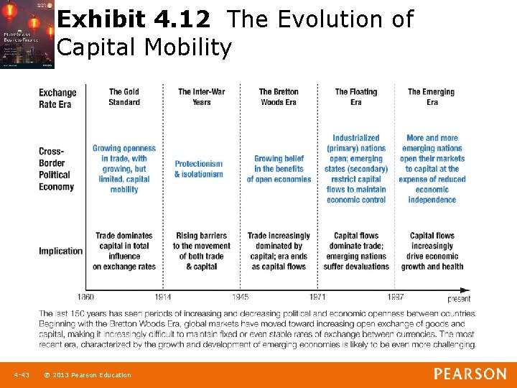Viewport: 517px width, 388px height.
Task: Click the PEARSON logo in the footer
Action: (470, 374)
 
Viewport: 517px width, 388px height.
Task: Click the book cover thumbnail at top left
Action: (27, 34)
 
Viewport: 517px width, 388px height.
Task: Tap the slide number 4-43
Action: (21, 374)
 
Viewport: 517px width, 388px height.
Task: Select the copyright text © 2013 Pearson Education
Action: (87, 374)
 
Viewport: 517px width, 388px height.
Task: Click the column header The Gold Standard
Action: (124, 97)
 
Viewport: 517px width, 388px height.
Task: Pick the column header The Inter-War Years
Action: (201, 97)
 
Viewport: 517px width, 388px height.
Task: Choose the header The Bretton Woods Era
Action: (279, 97)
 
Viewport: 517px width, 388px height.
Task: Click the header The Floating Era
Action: (355, 97)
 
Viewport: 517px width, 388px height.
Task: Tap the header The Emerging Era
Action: (431, 97)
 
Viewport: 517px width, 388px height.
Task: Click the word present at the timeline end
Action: (459, 299)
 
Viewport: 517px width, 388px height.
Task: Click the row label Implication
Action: (60, 251)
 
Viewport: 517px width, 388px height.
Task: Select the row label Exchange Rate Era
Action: (57, 98)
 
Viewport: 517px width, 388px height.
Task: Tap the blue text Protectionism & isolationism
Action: (199, 169)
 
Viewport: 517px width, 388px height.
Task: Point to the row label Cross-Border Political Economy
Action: (56, 169)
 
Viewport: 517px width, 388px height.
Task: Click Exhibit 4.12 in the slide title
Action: (134, 19)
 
